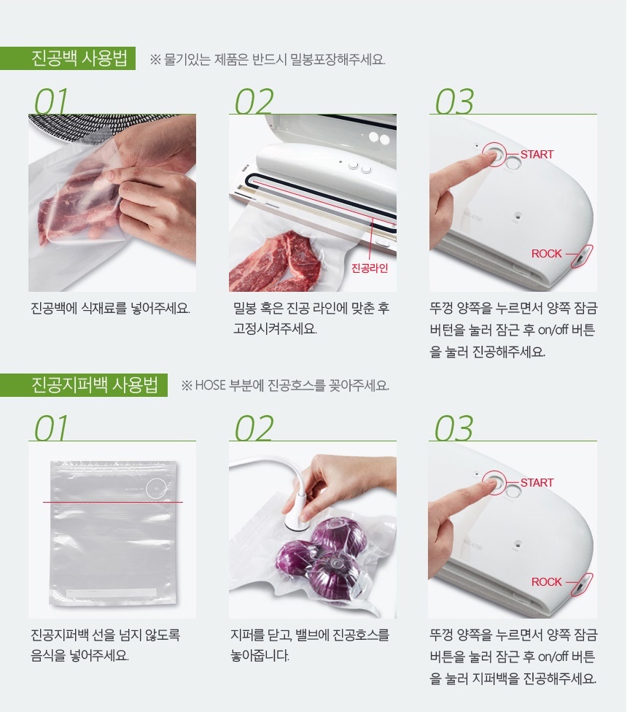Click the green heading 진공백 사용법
79,58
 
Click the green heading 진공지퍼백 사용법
95,385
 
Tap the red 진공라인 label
370,268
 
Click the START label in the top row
537,155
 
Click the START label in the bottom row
537,482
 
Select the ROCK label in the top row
546,253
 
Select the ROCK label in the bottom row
546,581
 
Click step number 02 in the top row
254,101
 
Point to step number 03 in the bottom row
453,428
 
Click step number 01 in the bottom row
51,428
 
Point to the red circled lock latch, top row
581,257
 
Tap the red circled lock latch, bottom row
581,584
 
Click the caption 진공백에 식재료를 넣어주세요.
110,309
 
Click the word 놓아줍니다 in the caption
260,655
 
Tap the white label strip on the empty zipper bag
111,593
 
